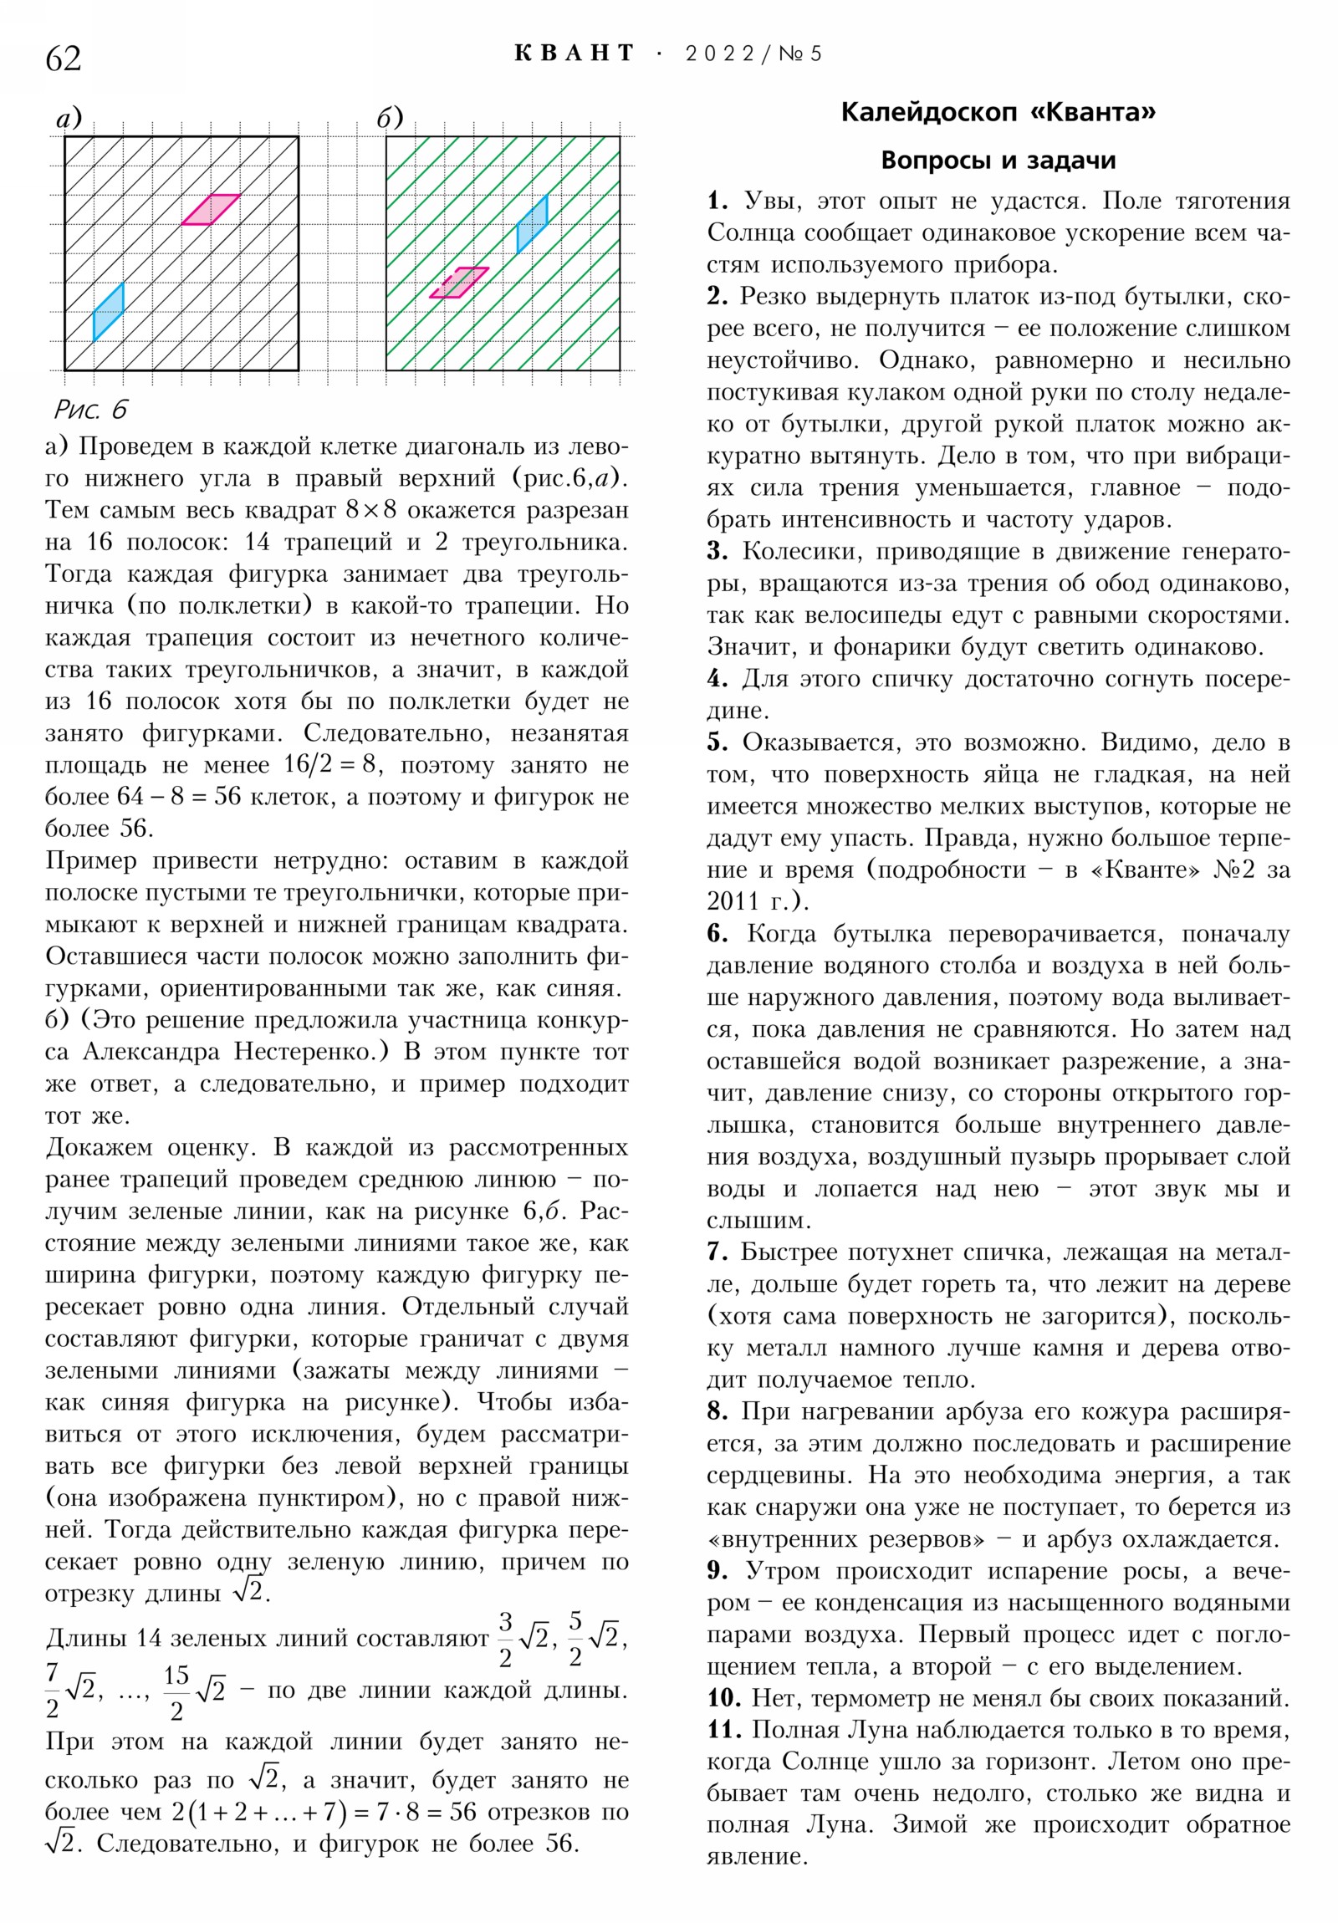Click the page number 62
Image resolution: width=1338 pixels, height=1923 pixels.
tap(64, 59)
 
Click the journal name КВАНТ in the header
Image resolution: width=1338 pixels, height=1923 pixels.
tap(575, 54)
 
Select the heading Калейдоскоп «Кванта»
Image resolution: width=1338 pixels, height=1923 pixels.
tap(998, 112)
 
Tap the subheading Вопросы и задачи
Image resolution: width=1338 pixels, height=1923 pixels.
tap(998, 160)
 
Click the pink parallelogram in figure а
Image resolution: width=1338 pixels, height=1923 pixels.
tap(211, 209)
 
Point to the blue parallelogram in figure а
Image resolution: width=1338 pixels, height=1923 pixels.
tap(108, 313)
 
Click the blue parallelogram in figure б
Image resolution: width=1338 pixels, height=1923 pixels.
tap(532, 223)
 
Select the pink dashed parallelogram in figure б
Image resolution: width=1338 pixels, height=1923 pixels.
tap(459, 283)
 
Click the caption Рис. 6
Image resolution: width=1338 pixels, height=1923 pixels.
tap(90, 410)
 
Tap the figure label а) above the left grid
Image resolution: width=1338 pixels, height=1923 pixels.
tap(69, 119)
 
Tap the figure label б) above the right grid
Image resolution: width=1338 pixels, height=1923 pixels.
tap(390, 119)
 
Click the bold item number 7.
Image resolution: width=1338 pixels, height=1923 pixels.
tap(718, 1252)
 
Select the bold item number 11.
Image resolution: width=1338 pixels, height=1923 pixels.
tap(725, 1730)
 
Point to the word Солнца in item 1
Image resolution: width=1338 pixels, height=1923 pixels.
tap(749, 232)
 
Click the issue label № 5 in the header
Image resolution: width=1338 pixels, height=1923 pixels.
tap(800, 54)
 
